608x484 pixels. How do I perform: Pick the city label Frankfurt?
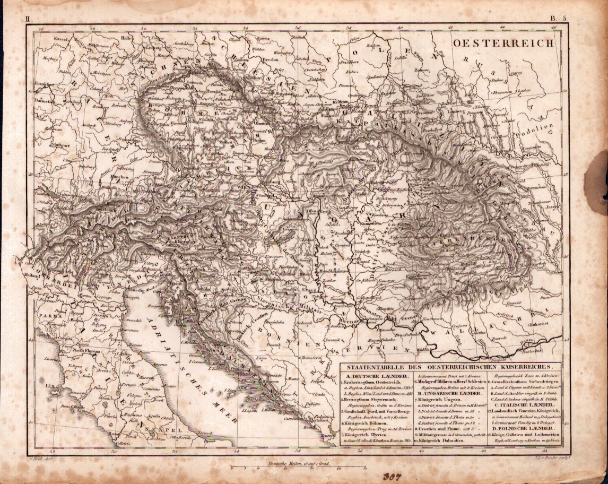[x=46, y=84]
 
